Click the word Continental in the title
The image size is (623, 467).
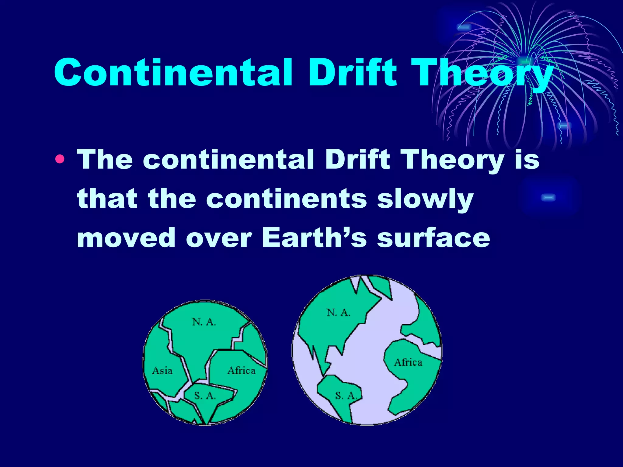173,72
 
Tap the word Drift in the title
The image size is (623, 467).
353,72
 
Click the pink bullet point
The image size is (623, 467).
60,159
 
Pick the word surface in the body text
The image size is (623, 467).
433,238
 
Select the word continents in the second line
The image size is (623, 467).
287,199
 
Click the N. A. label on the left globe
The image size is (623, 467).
204,322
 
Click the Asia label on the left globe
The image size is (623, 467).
162,371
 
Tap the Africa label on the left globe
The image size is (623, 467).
242,371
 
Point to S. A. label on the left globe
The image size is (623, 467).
205,396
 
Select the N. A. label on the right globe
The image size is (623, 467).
338,312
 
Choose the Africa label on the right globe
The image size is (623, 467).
408,362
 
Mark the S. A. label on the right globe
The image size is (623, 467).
346,396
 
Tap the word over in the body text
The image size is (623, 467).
219,238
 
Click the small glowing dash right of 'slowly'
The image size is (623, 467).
548,198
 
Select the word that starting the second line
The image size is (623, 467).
107,199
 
